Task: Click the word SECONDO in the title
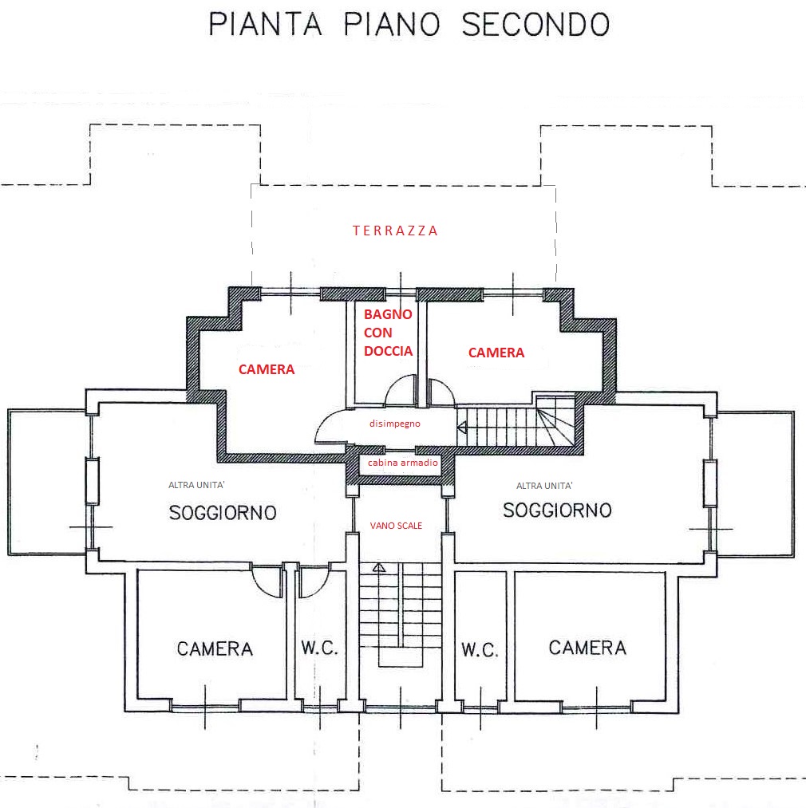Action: click(x=535, y=24)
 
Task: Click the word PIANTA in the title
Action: click(x=265, y=24)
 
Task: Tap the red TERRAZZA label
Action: click(x=396, y=231)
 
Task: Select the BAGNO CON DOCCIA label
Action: click(x=388, y=333)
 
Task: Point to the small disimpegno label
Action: click(x=394, y=424)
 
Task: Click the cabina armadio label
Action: click(x=402, y=463)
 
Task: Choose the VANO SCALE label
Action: click(x=396, y=526)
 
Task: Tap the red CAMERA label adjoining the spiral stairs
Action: click(x=496, y=353)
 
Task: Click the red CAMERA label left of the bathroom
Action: click(x=267, y=369)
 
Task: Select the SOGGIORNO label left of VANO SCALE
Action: click(x=223, y=512)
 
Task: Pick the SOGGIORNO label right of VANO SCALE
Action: click(x=557, y=510)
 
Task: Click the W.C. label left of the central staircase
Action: click(x=320, y=648)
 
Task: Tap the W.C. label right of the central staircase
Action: click(x=480, y=650)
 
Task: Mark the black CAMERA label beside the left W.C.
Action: click(x=215, y=649)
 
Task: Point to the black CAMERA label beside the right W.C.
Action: click(x=587, y=648)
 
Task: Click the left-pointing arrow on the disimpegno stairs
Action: click(x=462, y=428)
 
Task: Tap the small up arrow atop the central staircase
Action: click(x=378, y=568)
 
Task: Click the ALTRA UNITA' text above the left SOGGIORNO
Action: click(x=202, y=485)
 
